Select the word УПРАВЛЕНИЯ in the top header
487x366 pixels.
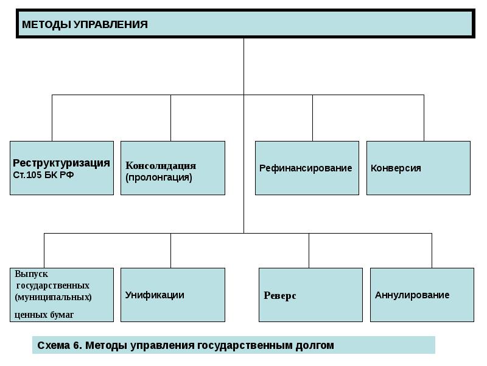(x=110, y=25)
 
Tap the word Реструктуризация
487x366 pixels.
(x=61, y=163)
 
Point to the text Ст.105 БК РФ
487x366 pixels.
(x=43, y=174)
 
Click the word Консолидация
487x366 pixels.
(x=161, y=166)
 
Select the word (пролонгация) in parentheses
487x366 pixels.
(x=159, y=178)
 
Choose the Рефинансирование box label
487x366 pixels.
(x=306, y=168)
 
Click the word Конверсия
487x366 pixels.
(x=396, y=168)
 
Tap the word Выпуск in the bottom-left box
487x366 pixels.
(x=32, y=274)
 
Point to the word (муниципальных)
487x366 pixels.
(x=54, y=297)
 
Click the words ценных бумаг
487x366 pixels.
(x=44, y=315)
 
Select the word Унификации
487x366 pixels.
(x=155, y=295)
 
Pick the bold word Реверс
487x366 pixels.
(x=280, y=296)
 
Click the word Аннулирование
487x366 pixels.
(x=412, y=295)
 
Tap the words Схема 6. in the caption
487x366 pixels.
(x=60, y=346)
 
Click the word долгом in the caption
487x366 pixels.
(x=316, y=346)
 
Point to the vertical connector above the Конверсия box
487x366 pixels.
(x=424, y=118)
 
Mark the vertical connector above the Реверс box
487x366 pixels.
(x=309, y=250)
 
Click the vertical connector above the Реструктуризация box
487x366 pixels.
(x=52, y=118)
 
